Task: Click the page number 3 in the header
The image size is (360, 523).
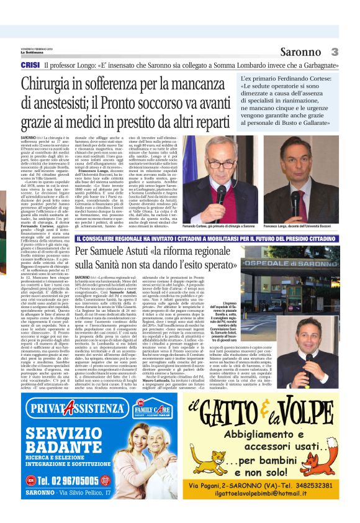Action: point(335,52)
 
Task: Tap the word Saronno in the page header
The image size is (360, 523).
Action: point(300,52)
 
